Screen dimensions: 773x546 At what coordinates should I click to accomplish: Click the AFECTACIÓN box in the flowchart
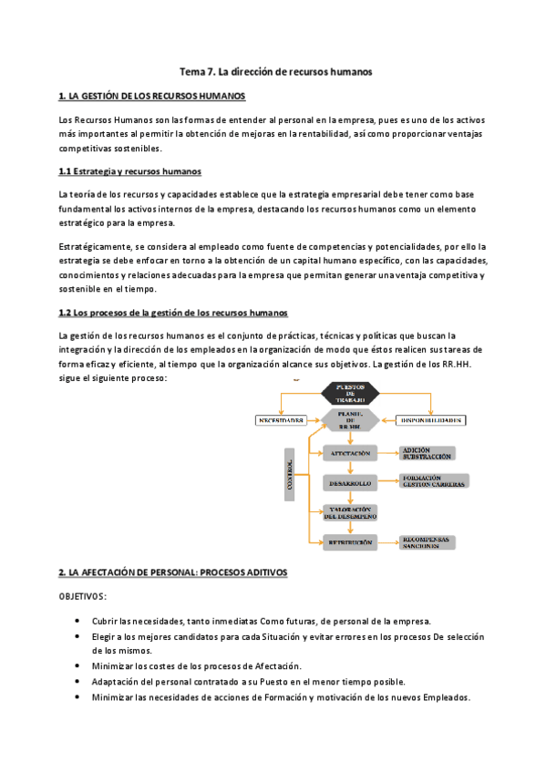pos(350,452)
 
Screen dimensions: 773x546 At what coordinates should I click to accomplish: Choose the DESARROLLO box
pos(350,481)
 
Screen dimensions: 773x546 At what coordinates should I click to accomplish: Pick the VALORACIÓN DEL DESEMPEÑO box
pos(350,512)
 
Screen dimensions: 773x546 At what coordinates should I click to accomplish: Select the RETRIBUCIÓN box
pos(350,542)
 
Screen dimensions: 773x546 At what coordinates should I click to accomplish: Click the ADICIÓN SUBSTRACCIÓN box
pos(427,453)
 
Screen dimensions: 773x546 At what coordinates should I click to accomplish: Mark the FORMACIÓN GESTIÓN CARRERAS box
pos(433,481)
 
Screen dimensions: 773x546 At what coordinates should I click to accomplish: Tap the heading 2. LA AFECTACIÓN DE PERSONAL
pos(172,572)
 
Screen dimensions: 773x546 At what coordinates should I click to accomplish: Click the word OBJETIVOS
pos(82,596)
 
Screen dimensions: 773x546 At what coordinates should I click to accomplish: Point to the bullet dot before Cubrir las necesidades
pos(77,621)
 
